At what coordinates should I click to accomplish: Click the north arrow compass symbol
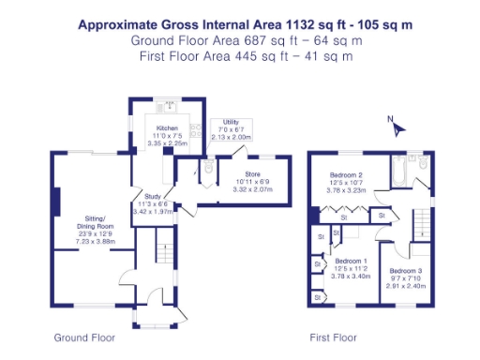point(397,127)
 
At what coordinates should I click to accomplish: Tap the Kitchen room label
point(168,127)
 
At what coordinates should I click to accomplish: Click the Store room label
point(251,173)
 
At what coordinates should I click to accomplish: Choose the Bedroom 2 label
point(347,174)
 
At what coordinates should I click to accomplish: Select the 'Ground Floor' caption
point(83,337)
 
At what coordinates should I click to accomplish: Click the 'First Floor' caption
point(333,337)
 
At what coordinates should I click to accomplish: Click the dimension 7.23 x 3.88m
point(94,242)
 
